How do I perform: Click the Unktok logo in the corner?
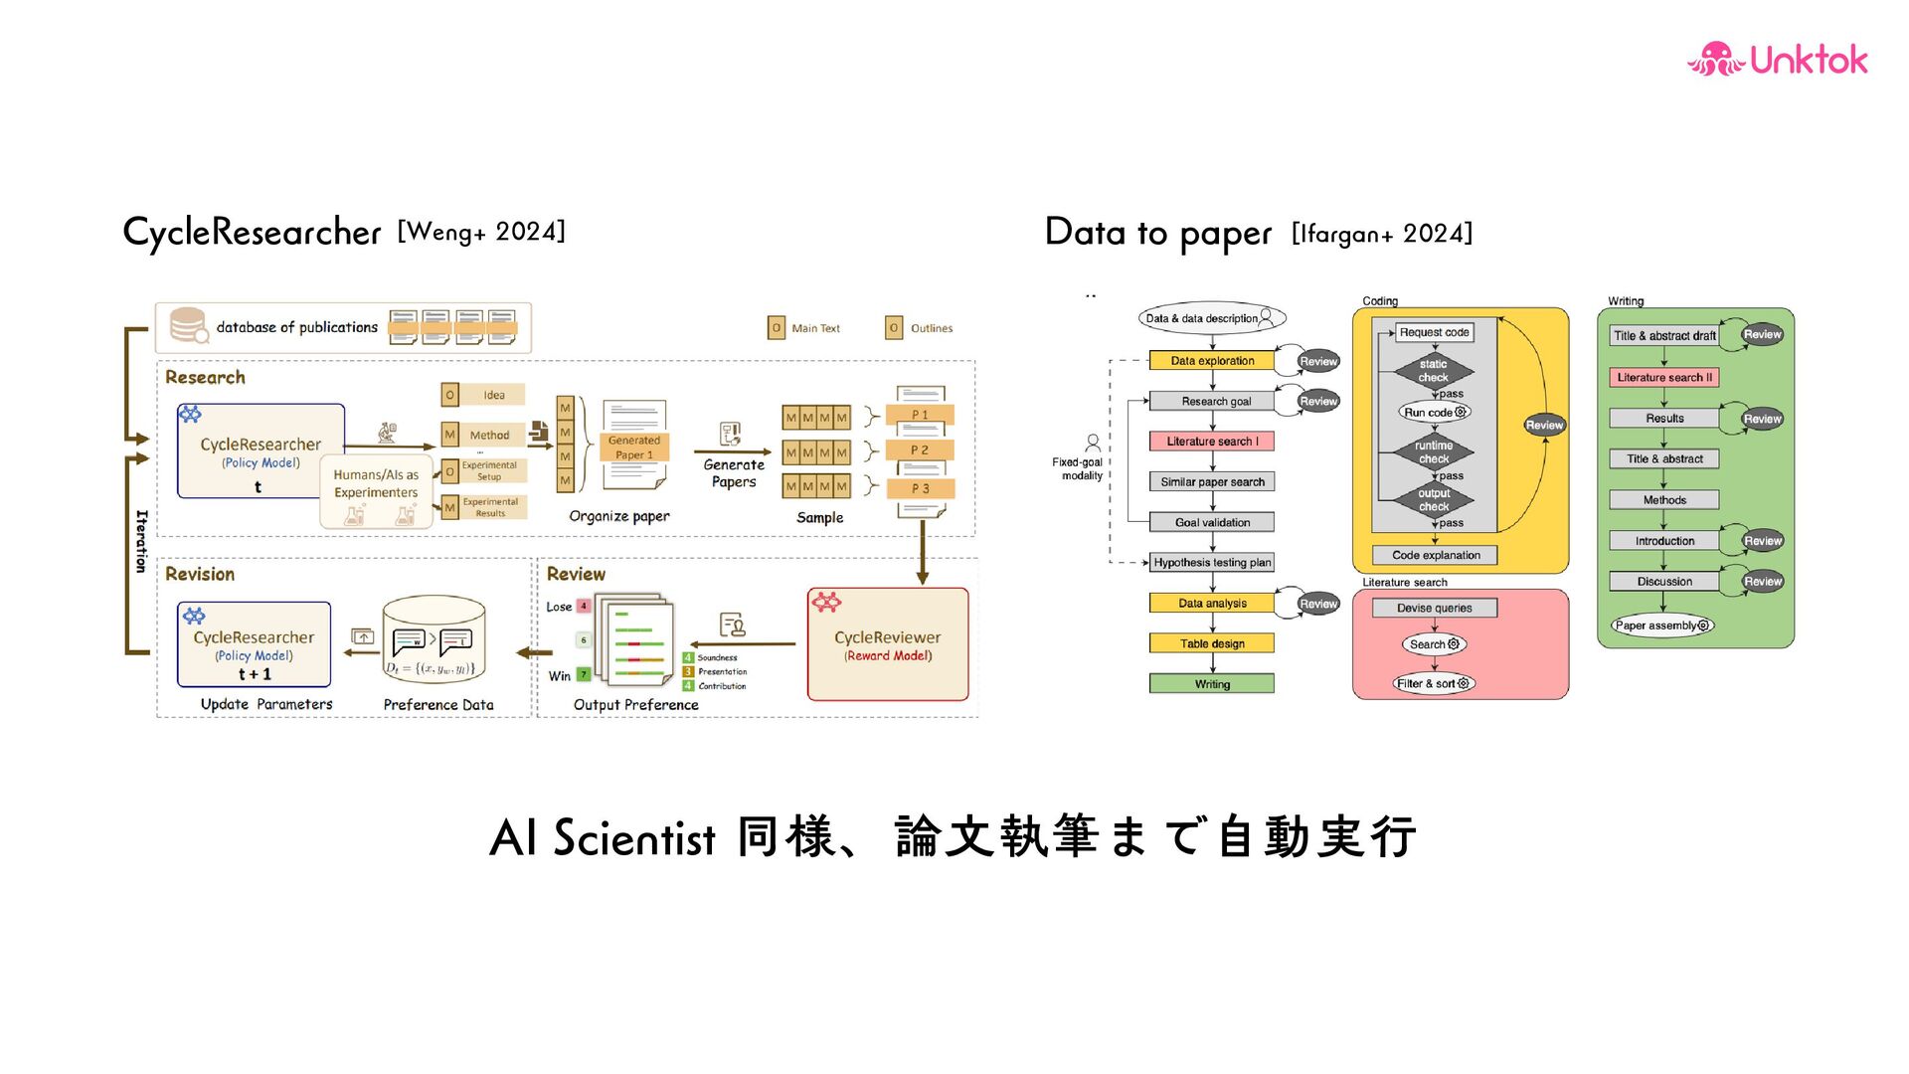point(1777,60)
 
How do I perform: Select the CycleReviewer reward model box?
point(887,644)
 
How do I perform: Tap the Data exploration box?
point(1211,361)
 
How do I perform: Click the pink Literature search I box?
point(1211,442)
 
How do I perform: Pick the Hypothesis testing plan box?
point(1211,563)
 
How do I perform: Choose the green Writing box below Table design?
point(1211,684)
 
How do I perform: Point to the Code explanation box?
point(1435,556)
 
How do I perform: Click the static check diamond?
point(1433,371)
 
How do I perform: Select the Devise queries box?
point(1434,608)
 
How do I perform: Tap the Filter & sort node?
point(1433,683)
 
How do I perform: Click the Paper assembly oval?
point(1661,626)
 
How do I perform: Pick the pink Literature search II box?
point(1663,378)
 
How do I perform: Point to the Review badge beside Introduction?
point(1762,541)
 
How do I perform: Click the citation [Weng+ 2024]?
point(481,232)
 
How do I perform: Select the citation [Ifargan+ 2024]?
point(1381,234)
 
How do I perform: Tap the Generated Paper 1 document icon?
point(633,445)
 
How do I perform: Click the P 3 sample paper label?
point(921,489)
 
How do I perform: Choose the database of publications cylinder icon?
point(188,325)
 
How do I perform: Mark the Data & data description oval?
point(1211,318)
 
